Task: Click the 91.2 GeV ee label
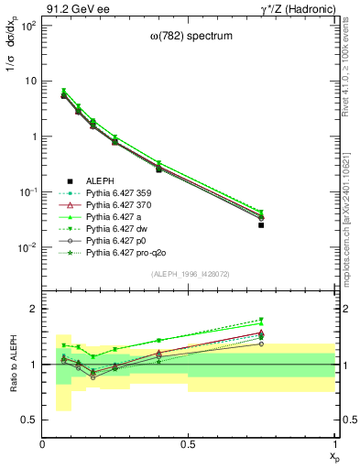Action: tap(75, 8)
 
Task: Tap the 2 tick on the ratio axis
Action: tap(34, 310)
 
